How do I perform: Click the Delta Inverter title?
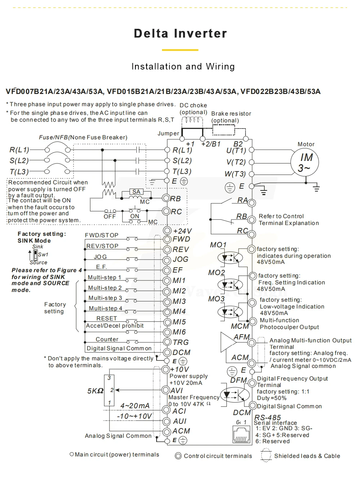click(x=180, y=33)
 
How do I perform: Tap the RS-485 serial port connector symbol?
click(x=242, y=434)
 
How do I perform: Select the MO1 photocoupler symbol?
click(x=230, y=258)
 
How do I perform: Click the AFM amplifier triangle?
click(x=228, y=341)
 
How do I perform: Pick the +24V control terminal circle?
click(x=167, y=230)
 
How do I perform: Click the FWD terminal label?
click(x=181, y=239)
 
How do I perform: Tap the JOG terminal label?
click(x=181, y=260)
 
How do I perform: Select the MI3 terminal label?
click(x=179, y=301)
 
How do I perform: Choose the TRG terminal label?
click(x=181, y=342)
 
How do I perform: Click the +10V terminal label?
click(x=180, y=369)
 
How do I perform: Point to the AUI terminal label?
click(x=180, y=421)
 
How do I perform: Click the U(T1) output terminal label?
click(x=236, y=150)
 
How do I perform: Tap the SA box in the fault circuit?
click(x=136, y=192)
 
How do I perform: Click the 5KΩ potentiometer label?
click(x=95, y=391)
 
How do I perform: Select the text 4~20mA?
click(x=135, y=406)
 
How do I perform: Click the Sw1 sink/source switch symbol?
click(x=35, y=255)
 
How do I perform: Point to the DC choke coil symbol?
click(x=193, y=120)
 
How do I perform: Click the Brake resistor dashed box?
click(x=223, y=130)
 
